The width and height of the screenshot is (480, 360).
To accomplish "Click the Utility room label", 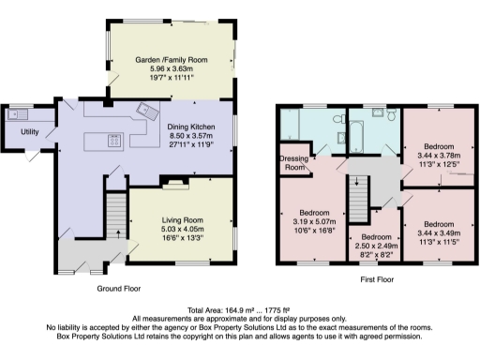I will [30, 132].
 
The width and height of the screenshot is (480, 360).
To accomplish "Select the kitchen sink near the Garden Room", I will [146, 113].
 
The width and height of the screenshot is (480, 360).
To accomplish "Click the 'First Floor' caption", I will [376, 279].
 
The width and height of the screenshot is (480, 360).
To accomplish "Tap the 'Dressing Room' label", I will [294, 162].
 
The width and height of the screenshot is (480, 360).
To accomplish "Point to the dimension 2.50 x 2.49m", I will [375, 246].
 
